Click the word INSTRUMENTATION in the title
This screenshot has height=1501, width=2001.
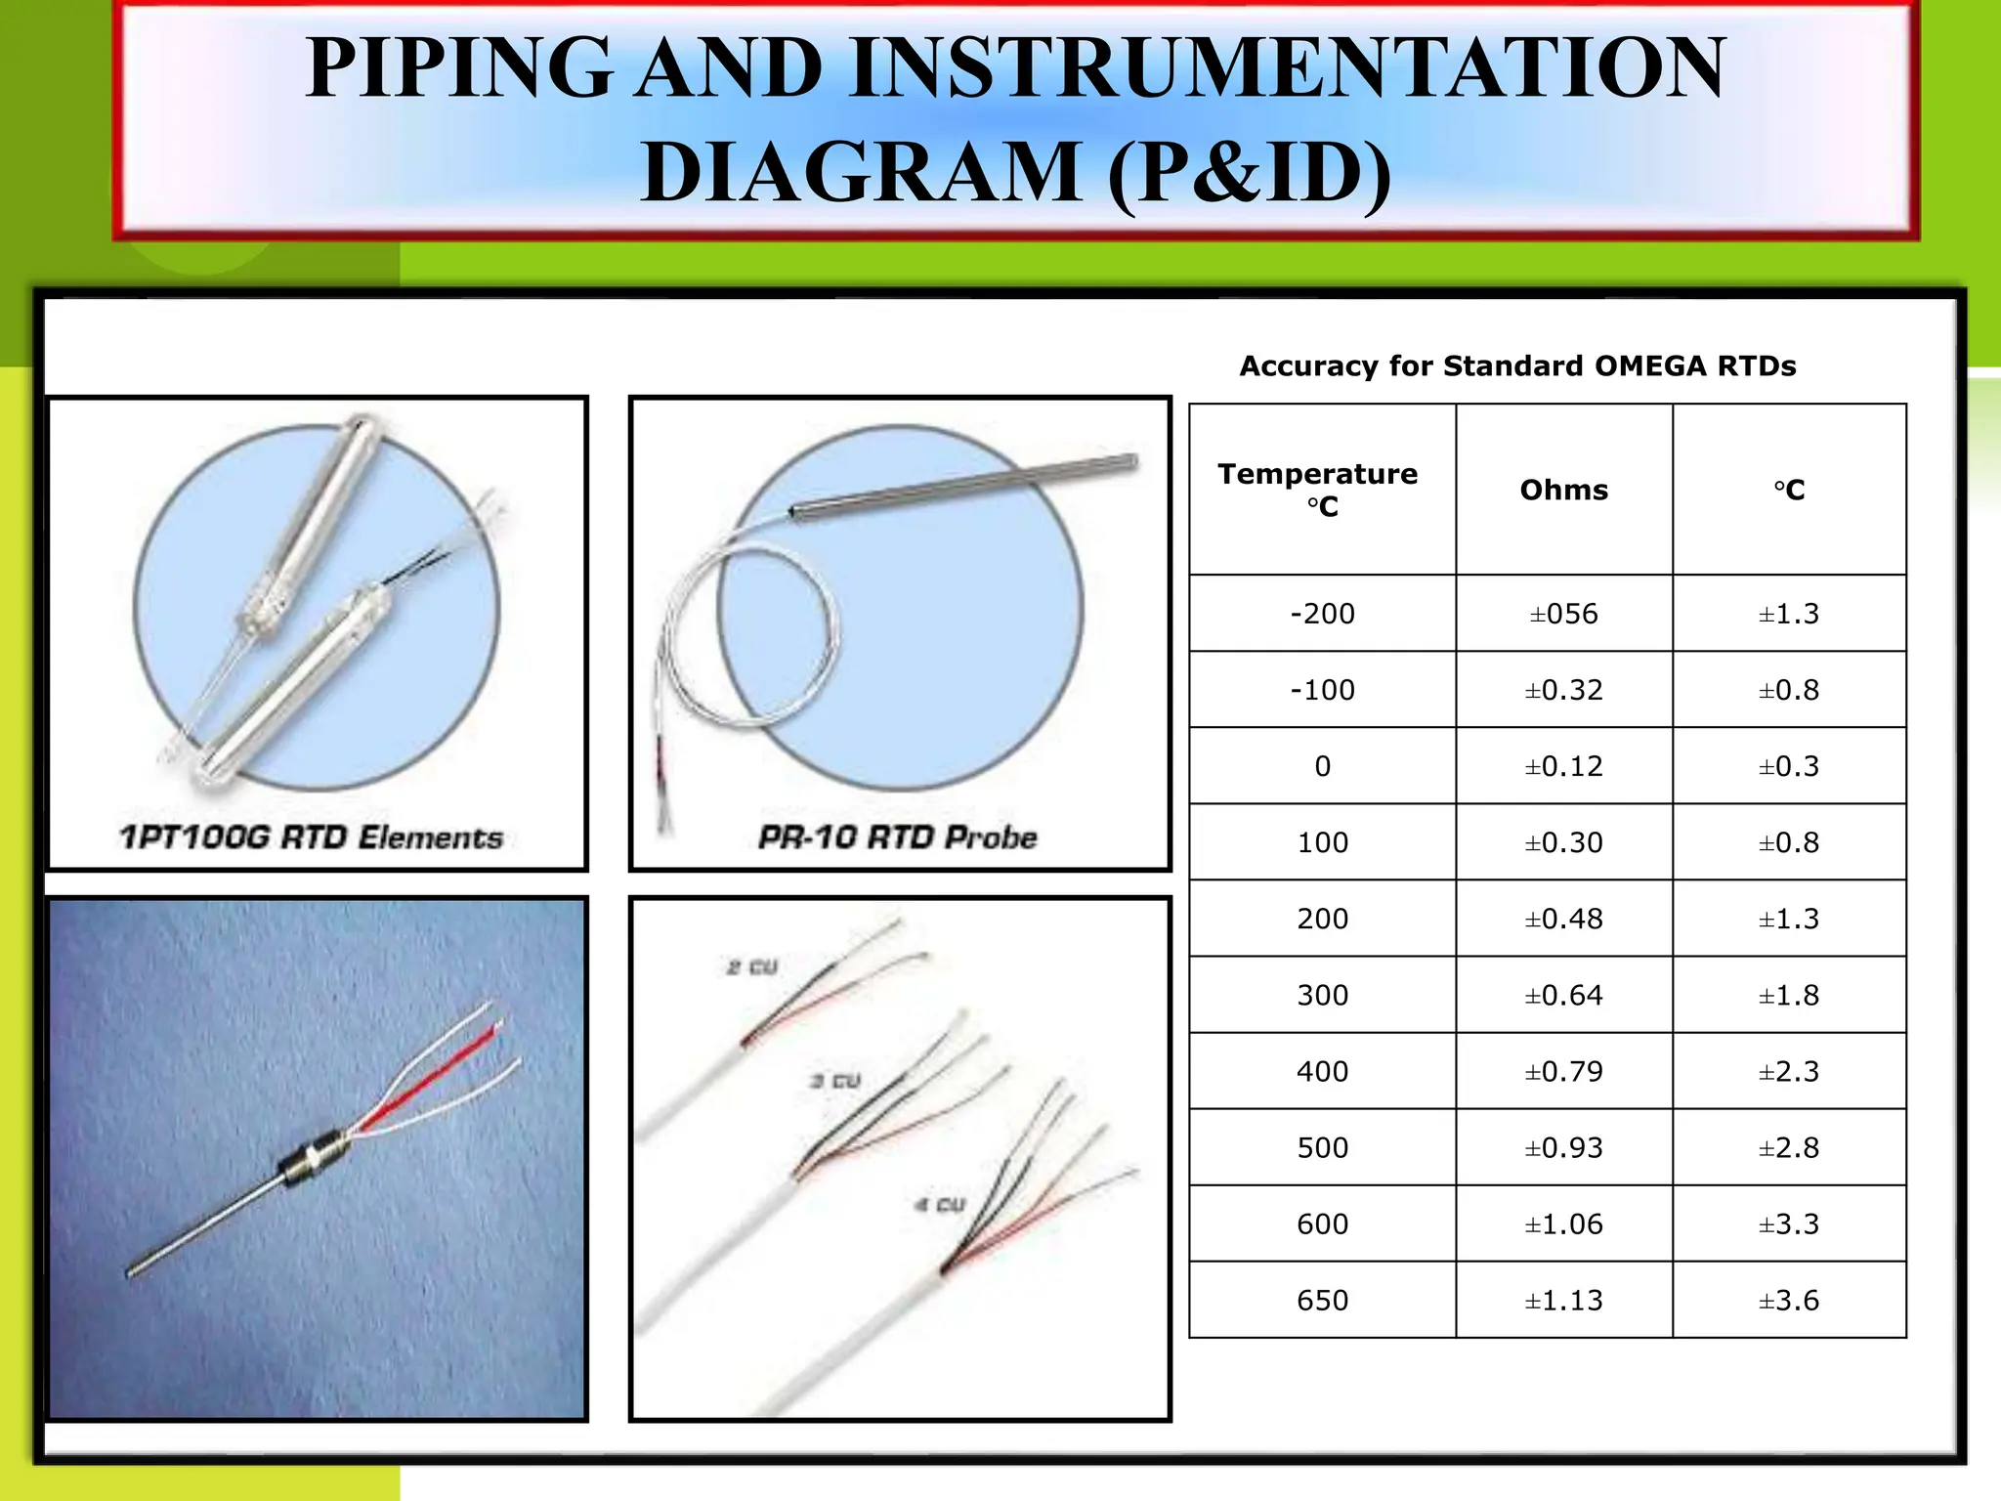(1288, 68)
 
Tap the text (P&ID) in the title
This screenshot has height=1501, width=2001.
(1250, 173)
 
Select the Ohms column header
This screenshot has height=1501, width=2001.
(1563, 490)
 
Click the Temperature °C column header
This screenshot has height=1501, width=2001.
(1318, 490)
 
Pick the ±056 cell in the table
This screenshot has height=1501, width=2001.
(1563, 614)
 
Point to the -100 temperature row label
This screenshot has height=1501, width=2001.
(1322, 690)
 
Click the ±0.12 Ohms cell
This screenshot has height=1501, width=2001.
(1563, 766)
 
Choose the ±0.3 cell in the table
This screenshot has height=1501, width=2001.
(1789, 766)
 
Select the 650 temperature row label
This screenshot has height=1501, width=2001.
(1322, 1301)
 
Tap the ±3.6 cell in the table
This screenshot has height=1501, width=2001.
(1789, 1301)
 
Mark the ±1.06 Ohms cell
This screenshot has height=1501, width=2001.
(1563, 1224)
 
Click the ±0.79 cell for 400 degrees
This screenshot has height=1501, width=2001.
(1563, 1072)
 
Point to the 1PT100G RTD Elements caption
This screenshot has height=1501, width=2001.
(311, 837)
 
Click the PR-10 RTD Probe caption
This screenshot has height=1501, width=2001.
(897, 837)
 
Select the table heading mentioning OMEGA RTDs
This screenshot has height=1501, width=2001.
(1517, 365)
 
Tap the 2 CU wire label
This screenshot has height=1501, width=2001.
(751, 967)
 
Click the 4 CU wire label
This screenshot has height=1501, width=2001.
(940, 1205)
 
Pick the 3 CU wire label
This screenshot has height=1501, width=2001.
(835, 1081)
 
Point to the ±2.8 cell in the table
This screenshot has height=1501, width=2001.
(1789, 1148)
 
